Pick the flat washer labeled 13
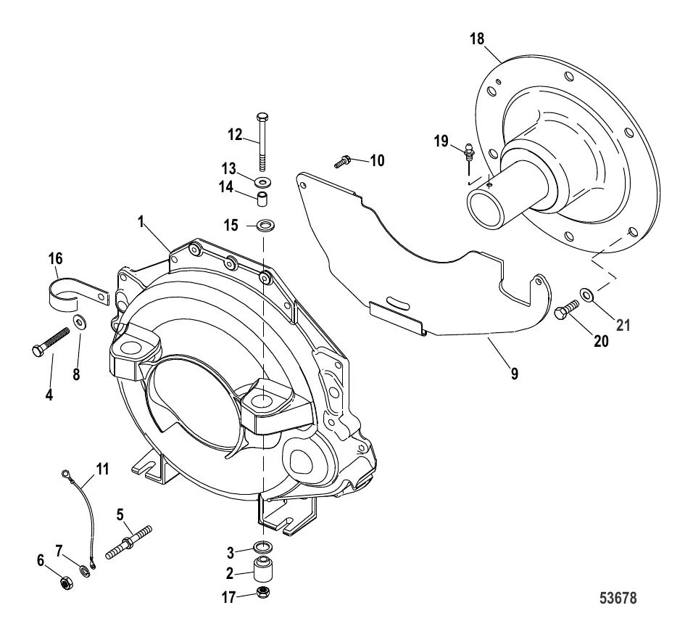click(263, 180)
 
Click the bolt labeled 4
click(50, 341)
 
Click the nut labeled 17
click(263, 593)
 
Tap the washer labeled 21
click(585, 295)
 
